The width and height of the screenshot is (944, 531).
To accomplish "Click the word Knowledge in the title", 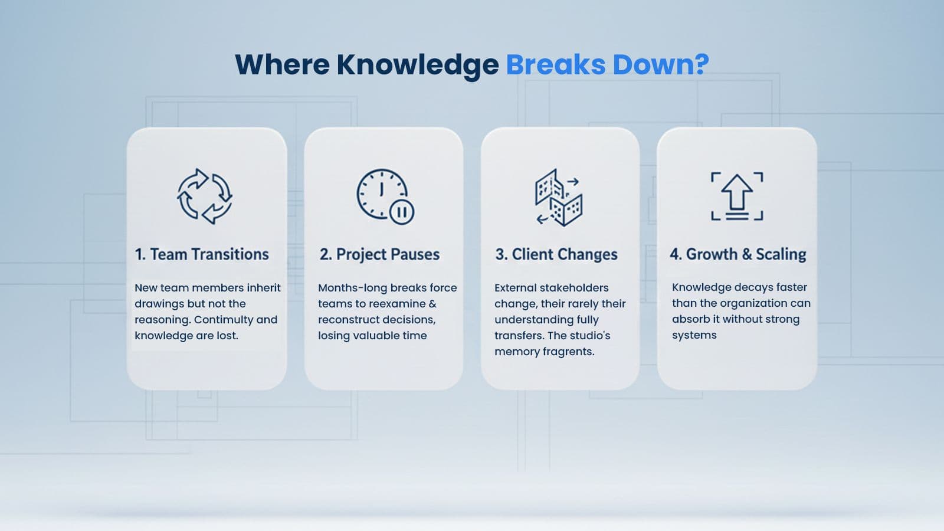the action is pyautogui.click(x=417, y=65).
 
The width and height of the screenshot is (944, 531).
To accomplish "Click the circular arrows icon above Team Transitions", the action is pyautogui.click(x=205, y=196).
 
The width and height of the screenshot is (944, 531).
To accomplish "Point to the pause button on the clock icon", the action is pyautogui.click(x=402, y=212).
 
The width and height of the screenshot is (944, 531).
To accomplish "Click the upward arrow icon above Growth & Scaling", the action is pyautogui.click(x=737, y=196).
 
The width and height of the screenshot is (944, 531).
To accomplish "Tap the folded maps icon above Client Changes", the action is pyautogui.click(x=559, y=198).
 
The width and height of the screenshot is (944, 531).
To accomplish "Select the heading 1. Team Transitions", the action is pyautogui.click(x=202, y=254).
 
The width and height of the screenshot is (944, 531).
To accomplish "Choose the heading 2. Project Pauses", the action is pyautogui.click(x=379, y=254).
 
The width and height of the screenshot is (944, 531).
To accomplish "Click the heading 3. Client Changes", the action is pyautogui.click(x=556, y=254).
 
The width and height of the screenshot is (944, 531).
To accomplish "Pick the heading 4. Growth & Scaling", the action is pyautogui.click(x=738, y=254).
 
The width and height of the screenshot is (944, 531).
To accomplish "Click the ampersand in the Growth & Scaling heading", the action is pyautogui.click(x=747, y=254).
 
